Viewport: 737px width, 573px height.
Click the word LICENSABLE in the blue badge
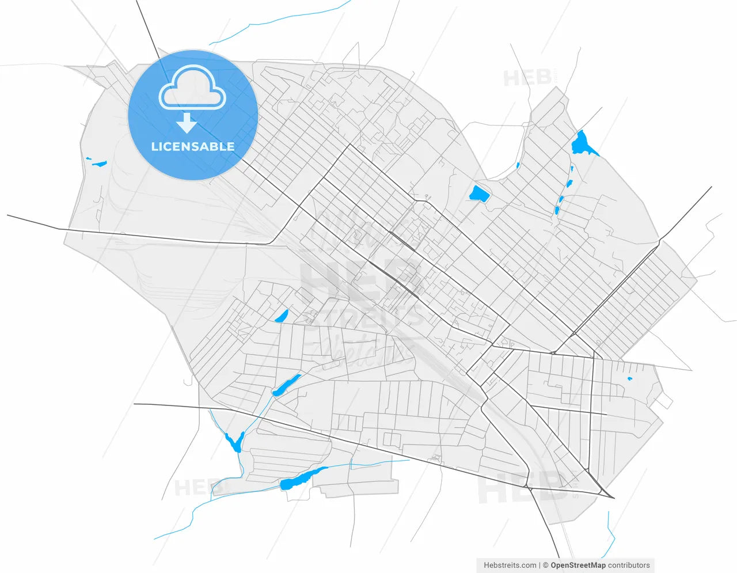point(192,146)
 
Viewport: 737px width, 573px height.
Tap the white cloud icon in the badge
point(192,89)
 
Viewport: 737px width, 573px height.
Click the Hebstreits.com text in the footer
point(510,566)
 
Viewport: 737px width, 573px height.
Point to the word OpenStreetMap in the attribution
point(578,566)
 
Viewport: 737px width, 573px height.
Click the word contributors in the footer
point(629,566)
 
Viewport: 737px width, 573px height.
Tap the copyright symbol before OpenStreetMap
point(545,566)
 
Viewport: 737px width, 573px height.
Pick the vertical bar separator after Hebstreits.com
point(540,566)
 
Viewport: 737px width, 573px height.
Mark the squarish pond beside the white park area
point(479,194)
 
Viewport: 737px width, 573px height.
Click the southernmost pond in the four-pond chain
point(557,210)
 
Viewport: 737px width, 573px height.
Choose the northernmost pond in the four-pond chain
point(571,169)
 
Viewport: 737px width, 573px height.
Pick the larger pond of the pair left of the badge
point(100,164)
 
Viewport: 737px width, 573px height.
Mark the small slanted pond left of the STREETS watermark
point(282,316)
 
